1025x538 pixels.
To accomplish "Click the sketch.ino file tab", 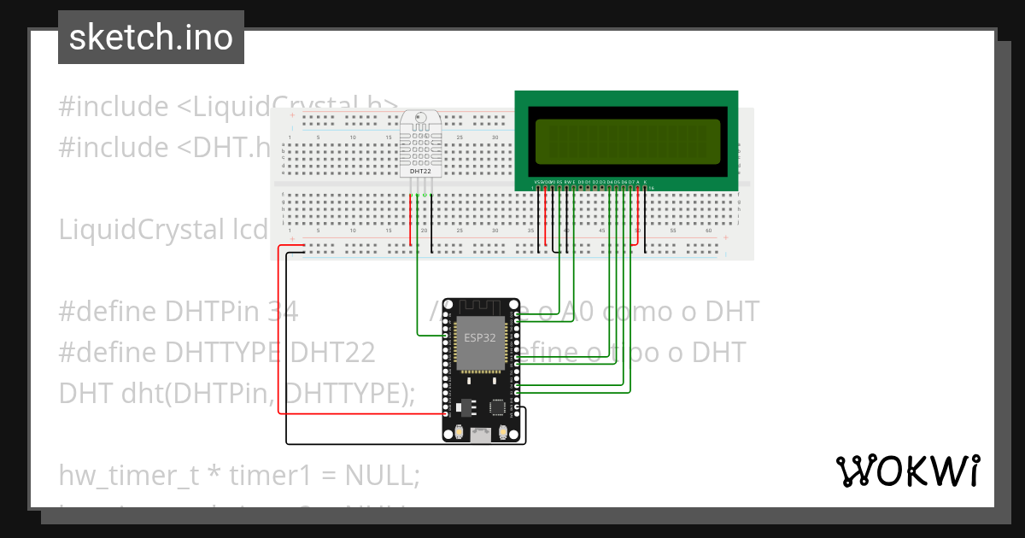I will coord(150,38).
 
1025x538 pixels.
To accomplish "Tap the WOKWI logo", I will coord(906,471).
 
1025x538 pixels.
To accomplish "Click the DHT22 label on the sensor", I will coord(420,171).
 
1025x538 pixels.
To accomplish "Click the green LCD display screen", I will coord(627,141).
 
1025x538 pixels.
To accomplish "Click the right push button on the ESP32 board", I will coord(505,433).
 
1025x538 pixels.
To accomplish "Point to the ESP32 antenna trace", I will coord(481,306).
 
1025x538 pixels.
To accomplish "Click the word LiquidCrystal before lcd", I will coord(137,230).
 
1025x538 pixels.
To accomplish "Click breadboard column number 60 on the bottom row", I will coord(708,231).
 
